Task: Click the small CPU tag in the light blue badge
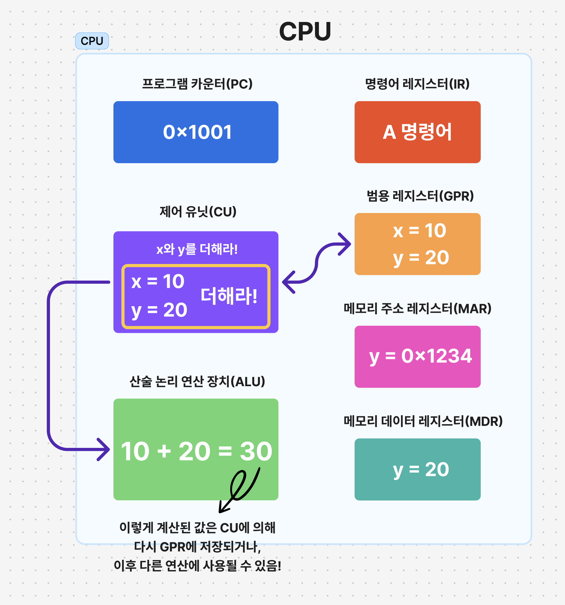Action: click(92, 41)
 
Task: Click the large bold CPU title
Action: click(305, 31)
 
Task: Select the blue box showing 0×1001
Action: click(196, 132)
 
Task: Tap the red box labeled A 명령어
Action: click(417, 132)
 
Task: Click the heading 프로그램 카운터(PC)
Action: click(197, 84)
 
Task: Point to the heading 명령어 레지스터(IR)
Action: click(417, 84)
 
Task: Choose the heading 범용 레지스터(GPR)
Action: click(420, 196)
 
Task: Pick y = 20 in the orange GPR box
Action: click(421, 258)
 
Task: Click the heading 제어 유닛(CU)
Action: click(198, 212)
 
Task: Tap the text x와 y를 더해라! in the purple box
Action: click(197, 249)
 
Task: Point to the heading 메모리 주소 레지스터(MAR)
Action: click(418, 309)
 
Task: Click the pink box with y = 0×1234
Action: click(417, 356)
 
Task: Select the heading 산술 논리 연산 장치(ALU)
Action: click(197, 382)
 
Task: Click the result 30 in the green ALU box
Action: click(256, 451)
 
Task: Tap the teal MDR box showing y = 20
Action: click(417, 469)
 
